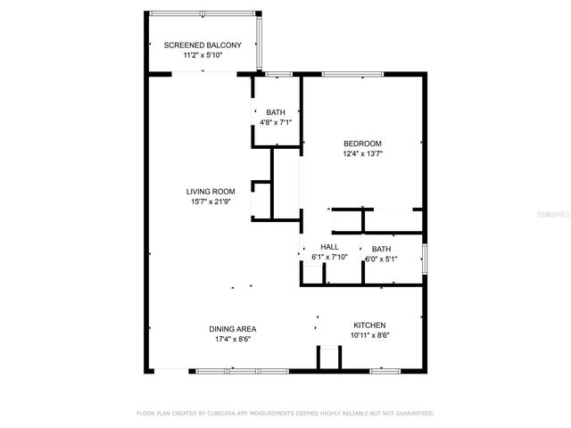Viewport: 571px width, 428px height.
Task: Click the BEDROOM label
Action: [363, 144]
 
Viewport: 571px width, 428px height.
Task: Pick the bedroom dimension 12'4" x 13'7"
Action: [363, 153]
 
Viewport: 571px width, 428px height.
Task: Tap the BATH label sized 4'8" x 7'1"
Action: [276, 111]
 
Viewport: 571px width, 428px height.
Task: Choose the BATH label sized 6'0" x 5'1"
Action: [381, 249]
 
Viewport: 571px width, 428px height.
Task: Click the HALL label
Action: [329, 247]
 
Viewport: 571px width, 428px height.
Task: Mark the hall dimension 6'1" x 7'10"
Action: [329, 258]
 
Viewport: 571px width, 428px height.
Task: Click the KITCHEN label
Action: [369, 325]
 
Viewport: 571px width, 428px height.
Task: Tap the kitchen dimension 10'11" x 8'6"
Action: [369, 335]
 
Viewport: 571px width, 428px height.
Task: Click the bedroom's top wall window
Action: [347, 74]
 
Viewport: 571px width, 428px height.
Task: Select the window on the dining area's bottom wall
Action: [232, 369]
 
